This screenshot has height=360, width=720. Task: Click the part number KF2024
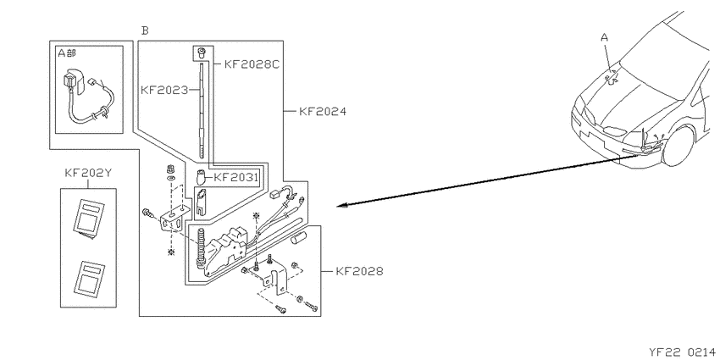point(323,111)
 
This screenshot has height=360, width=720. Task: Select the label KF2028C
point(252,64)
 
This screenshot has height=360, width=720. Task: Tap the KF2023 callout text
point(164,90)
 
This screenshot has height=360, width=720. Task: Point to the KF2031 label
point(235,177)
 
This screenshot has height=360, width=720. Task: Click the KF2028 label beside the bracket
point(359,271)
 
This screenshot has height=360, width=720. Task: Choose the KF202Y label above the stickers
point(88,173)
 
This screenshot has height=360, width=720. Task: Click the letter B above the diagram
point(145,30)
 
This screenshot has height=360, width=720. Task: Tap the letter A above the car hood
point(604,37)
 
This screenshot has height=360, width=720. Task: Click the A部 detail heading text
point(67,53)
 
